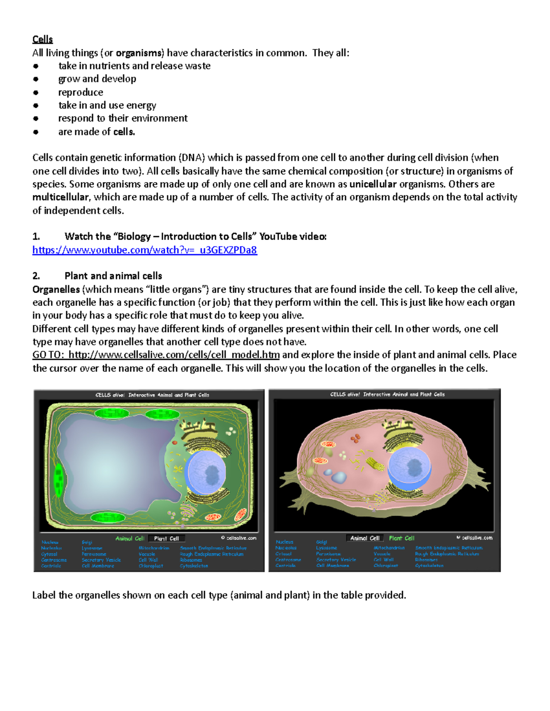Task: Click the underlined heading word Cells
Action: tap(42, 39)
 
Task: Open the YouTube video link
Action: tap(144, 250)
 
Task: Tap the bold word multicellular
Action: tap(60, 197)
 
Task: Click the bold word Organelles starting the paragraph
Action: tap(56, 289)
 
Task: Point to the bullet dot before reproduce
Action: tap(36, 92)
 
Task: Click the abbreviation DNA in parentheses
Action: tap(192, 158)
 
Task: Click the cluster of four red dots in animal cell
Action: tap(355, 439)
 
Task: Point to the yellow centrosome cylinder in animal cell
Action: tap(374, 463)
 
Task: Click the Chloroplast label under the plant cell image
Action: tap(151, 566)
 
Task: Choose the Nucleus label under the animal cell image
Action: tap(284, 542)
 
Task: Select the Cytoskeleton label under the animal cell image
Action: tap(429, 565)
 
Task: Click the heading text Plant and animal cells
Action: tap(113, 276)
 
